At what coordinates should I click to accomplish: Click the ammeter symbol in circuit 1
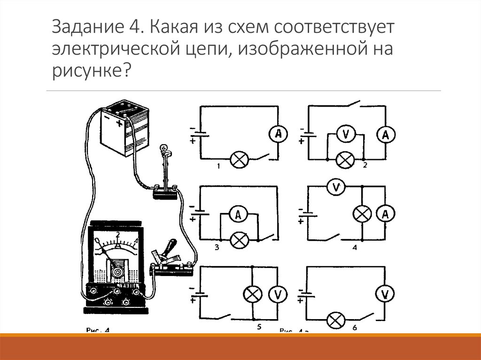click(279, 134)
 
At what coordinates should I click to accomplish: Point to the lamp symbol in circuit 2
click(346, 160)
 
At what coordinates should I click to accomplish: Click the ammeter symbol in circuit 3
click(238, 215)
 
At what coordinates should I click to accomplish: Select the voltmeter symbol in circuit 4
click(336, 188)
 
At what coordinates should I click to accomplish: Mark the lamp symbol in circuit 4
click(362, 214)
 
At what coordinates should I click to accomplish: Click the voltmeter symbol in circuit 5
click(278, 294)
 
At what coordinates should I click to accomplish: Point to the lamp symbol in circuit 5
click(253, 294)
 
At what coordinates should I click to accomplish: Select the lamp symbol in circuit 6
click(335, 321)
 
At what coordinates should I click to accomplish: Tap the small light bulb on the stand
click(164, 149)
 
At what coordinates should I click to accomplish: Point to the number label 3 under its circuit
click(217, 247)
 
